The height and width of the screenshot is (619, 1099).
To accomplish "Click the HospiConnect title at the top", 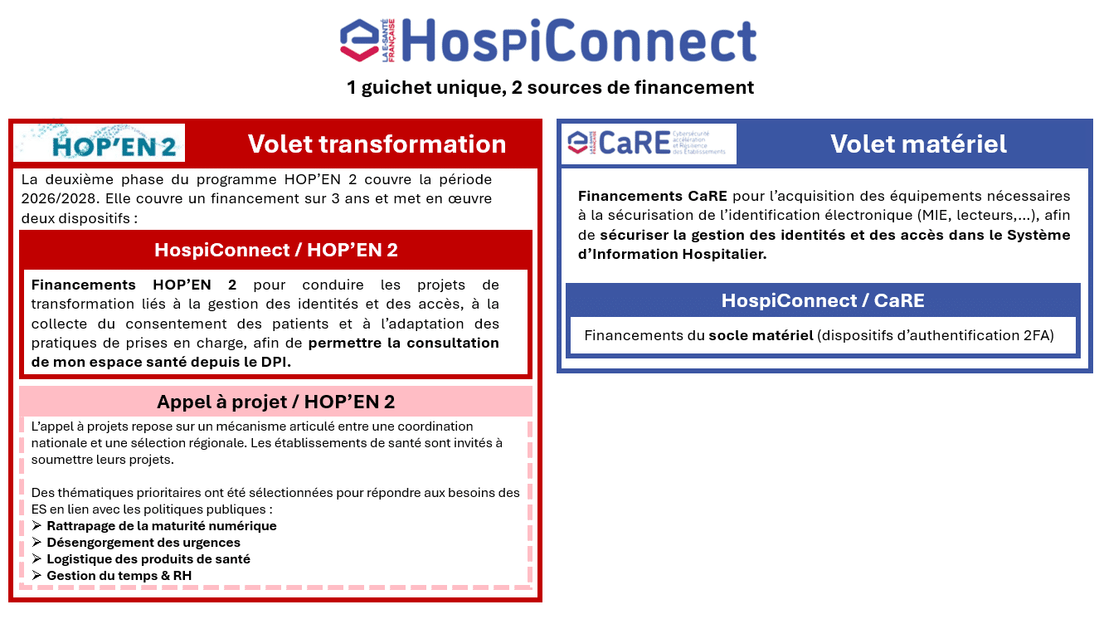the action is click(x=579, y=41).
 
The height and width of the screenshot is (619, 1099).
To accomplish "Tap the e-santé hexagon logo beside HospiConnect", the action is click(x=360, y=41).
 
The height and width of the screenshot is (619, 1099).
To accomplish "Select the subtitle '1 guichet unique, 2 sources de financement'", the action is click(x=550, y=87).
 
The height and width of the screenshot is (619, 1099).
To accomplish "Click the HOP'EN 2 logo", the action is click(x=99, y=143).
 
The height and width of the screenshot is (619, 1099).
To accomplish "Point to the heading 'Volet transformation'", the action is click(x=377, y=144).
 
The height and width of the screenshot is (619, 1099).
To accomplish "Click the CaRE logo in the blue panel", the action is click(x=649, y=144).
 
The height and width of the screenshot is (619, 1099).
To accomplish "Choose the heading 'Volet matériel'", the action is click(x=918, y=144).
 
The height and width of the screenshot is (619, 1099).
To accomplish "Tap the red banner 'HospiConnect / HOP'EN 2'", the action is click(x=275, y=250).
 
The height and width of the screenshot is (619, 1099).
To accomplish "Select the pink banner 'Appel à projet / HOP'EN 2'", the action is click(x=275, y=402).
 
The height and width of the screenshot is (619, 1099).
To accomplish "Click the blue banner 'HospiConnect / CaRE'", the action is click(x=823, y=300).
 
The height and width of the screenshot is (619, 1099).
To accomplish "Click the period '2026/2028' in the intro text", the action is click(x=58, y=198).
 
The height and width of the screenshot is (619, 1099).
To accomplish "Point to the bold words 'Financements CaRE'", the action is click(x=653, y=196).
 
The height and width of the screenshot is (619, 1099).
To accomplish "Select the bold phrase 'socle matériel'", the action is click(x=761, y=335).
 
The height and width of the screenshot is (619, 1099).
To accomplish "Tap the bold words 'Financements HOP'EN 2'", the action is click(x=134, y=285).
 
